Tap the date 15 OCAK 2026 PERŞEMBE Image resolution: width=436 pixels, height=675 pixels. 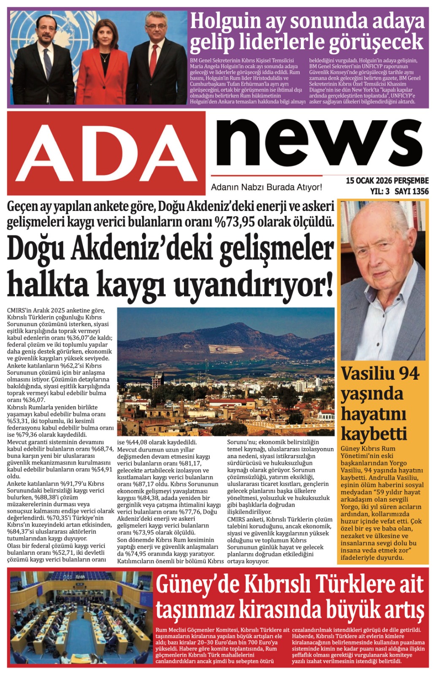387,181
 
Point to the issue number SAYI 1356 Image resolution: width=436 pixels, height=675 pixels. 411,192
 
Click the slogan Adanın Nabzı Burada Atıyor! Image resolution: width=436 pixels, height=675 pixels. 266,187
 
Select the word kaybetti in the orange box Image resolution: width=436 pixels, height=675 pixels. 374,435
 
